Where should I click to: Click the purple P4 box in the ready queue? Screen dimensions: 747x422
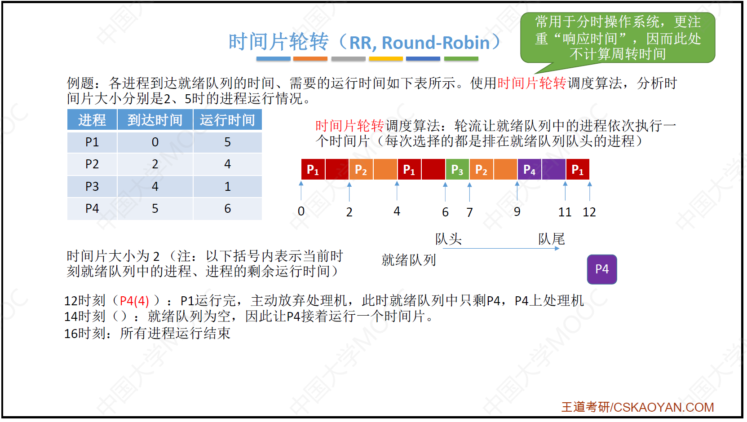tap(602, 269)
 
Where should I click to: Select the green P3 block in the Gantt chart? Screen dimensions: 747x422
tap(457, 170)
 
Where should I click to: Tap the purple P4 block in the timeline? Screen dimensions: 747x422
tap(542, 170)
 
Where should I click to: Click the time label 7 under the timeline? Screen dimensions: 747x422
tap(469, 212)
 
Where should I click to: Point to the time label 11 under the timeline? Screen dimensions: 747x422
tap(565, 212)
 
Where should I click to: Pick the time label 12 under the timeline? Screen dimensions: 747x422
tap(589, 212)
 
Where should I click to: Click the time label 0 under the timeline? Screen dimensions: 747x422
tap(301, 211)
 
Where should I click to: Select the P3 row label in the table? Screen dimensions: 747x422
tap(92, 186)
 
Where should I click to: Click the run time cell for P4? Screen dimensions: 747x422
tap(227, 209)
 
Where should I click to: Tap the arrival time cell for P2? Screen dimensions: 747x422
tap(155, 164)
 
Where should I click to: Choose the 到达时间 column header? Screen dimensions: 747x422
tap(155, 120)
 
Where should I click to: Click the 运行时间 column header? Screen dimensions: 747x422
tap(227, 120)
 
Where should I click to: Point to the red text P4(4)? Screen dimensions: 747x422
tap(134, 301)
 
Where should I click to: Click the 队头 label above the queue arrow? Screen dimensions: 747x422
tap(449, 239)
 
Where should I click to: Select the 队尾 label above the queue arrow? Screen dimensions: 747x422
tap(552, 239)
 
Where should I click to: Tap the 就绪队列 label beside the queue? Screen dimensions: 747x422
tap(409, 260)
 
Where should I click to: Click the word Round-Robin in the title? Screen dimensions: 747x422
tap(436, 43)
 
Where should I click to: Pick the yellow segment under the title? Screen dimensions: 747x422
tap(386, 59)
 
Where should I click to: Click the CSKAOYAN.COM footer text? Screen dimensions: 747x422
tap(663, 407)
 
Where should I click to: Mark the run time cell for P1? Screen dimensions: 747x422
tap(227, 142)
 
